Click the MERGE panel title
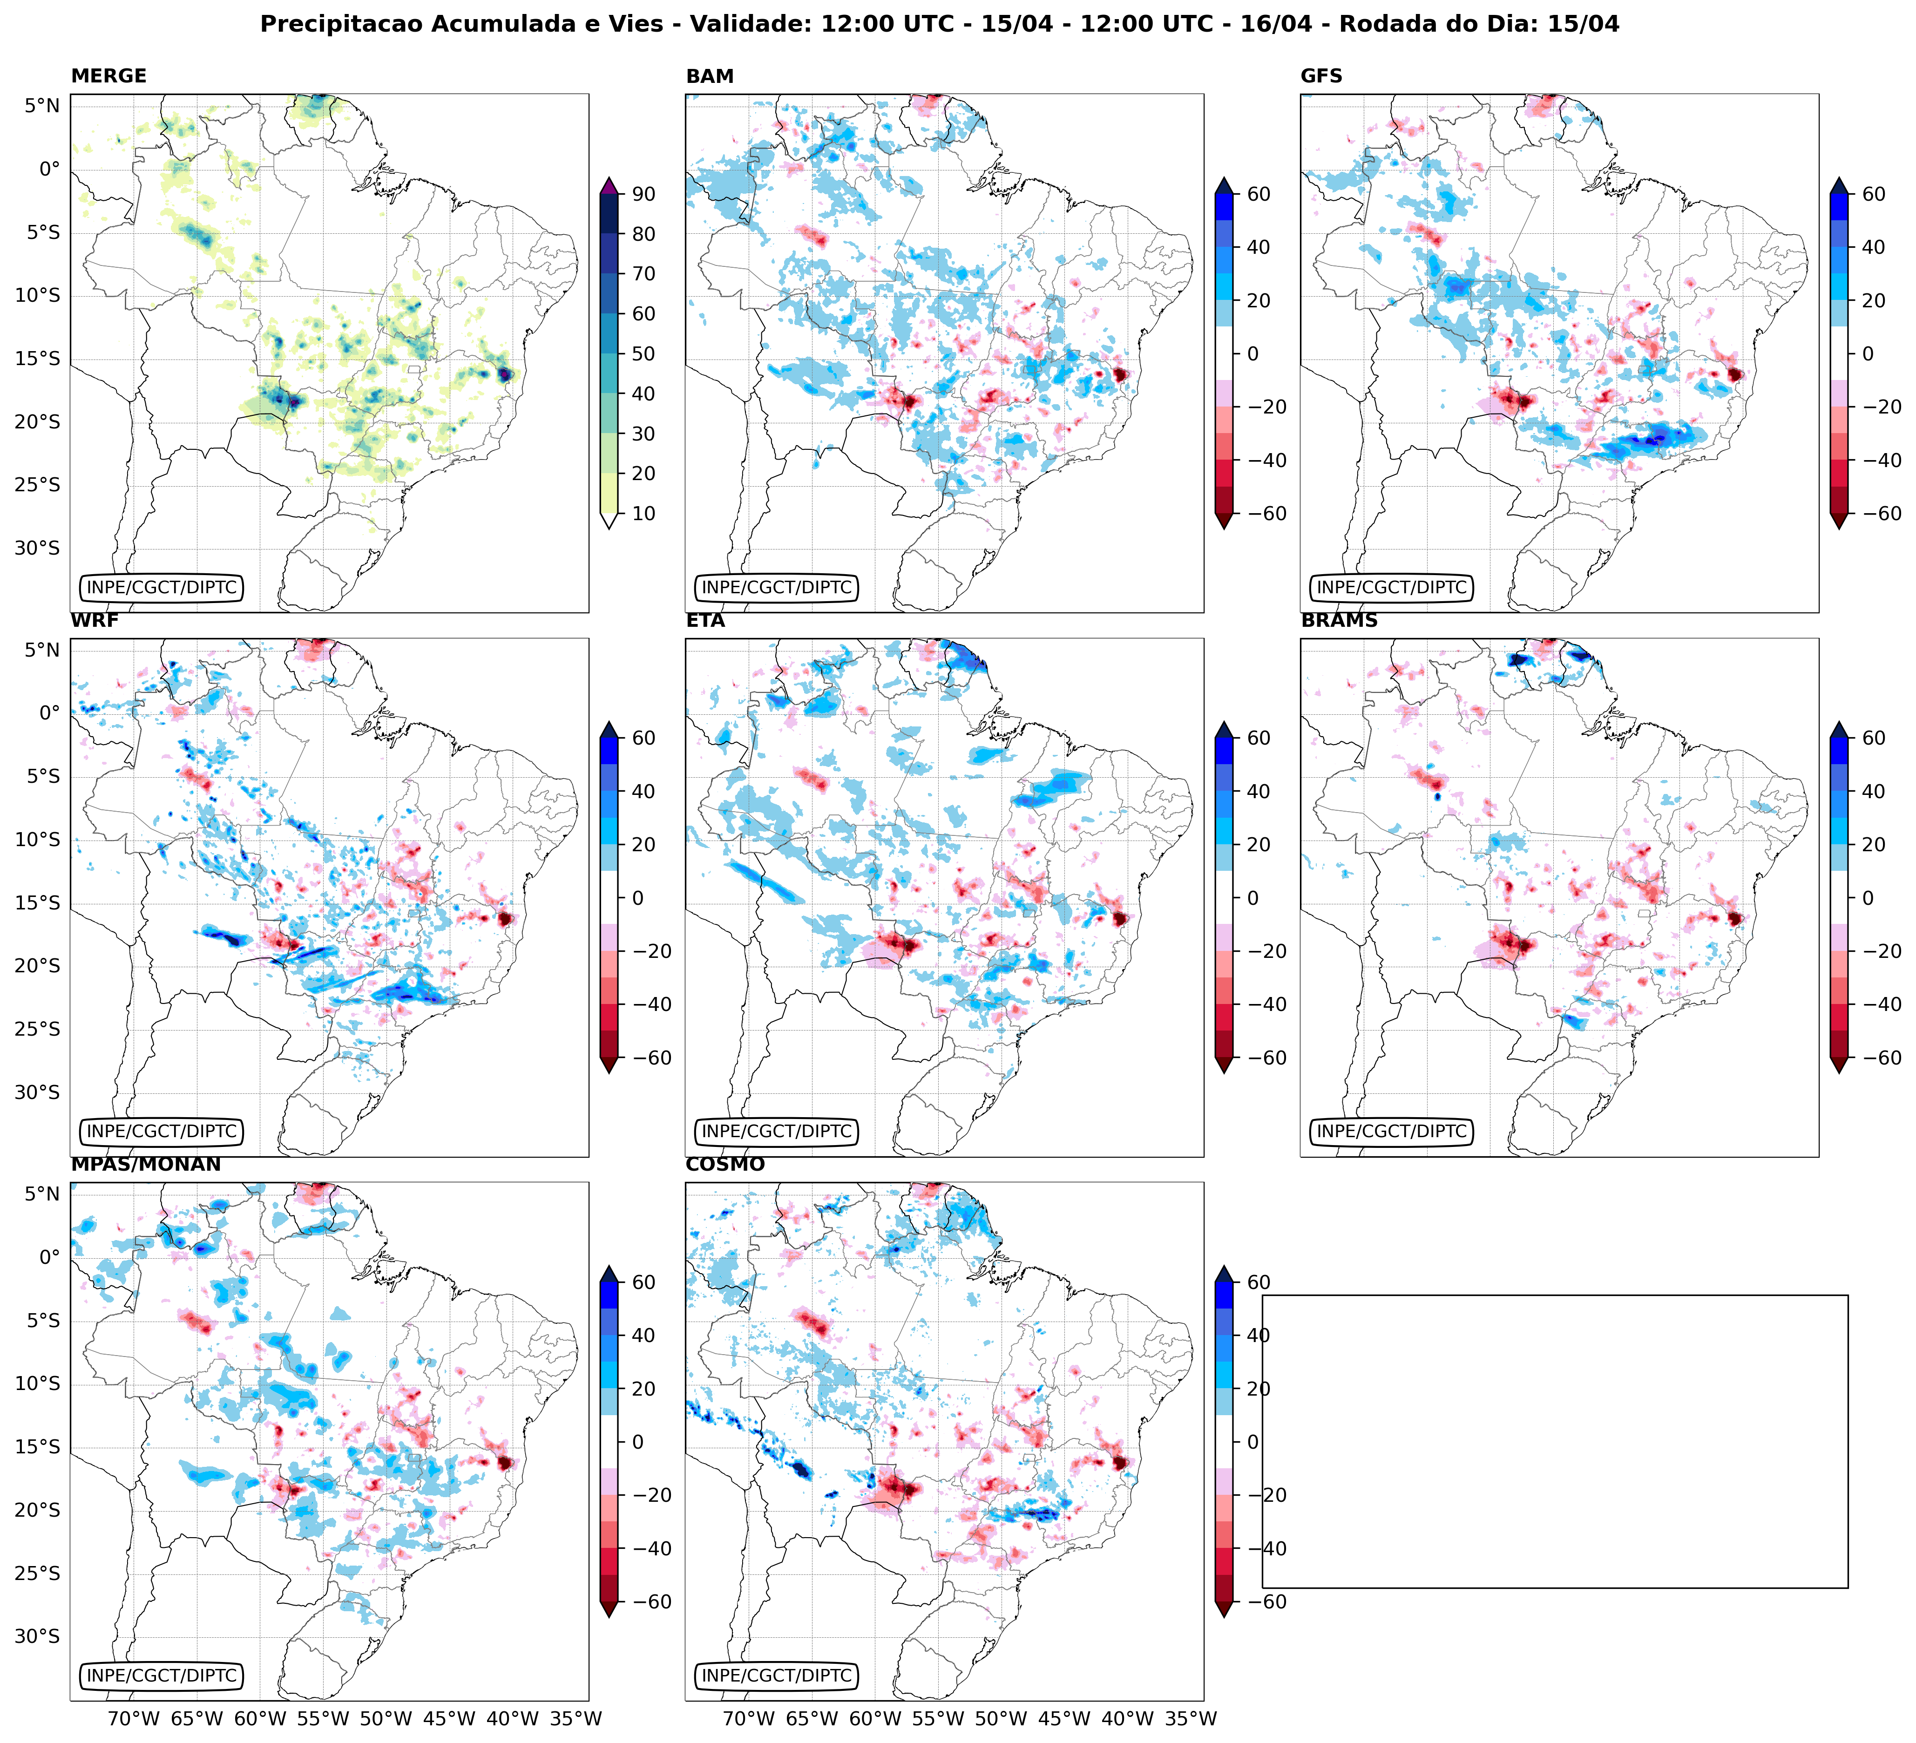[x=108, y=76]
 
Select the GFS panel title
[x=1321, y=76]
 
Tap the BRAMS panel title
[x=1339, y=621]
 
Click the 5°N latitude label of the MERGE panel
[x=42, y=106]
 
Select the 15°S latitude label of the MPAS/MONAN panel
[x=37, y=1447]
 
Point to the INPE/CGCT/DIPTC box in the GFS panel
[x=1391, y=587]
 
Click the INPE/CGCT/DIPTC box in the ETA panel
[x=777, y=1132]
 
